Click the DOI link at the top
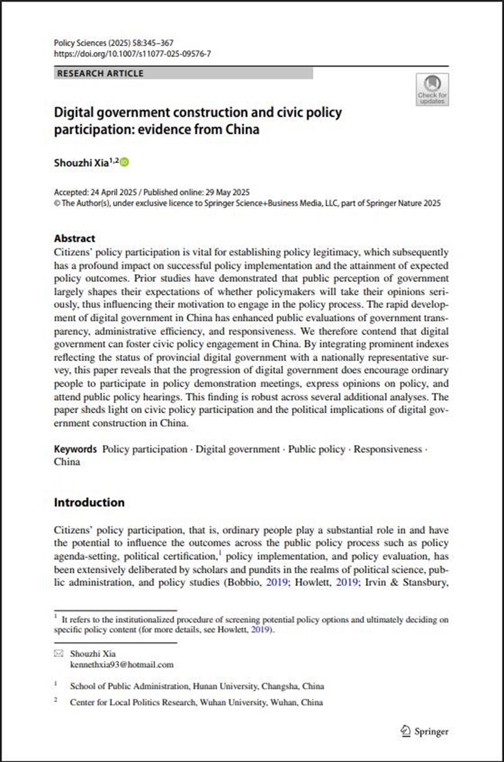click(132, 53)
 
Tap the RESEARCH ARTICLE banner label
click(100, 74)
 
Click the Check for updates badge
click(432, 89)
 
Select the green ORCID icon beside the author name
click(124, 162)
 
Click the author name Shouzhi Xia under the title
click(81, 163)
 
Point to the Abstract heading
click(75, 238)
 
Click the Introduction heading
click(89, 502)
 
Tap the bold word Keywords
click(75, 449)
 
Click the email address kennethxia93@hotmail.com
click(121, 665)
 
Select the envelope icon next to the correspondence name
click(59, 654)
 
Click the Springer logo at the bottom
click(424, 731)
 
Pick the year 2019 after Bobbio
click(277, 583)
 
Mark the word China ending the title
click(242, 130)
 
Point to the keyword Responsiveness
click(388, 449)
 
